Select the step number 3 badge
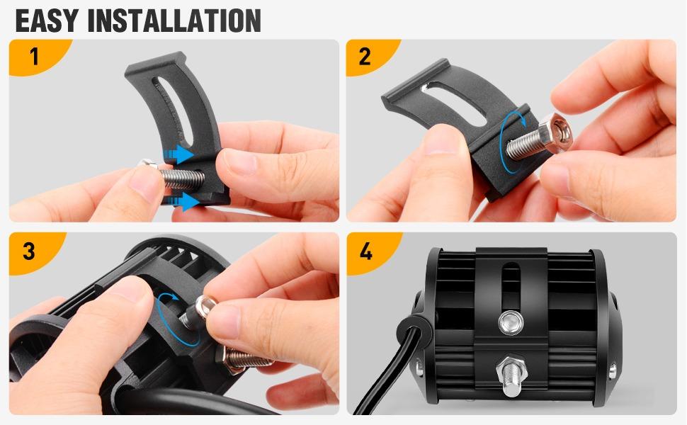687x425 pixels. pyautogui.click(x=29, y=251)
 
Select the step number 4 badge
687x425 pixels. pyautogui.click(x=366, y=251)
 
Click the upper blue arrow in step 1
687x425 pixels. pyautogui.click(x=181, y=154)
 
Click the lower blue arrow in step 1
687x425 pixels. pyautogui.click(x=185, y=203)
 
